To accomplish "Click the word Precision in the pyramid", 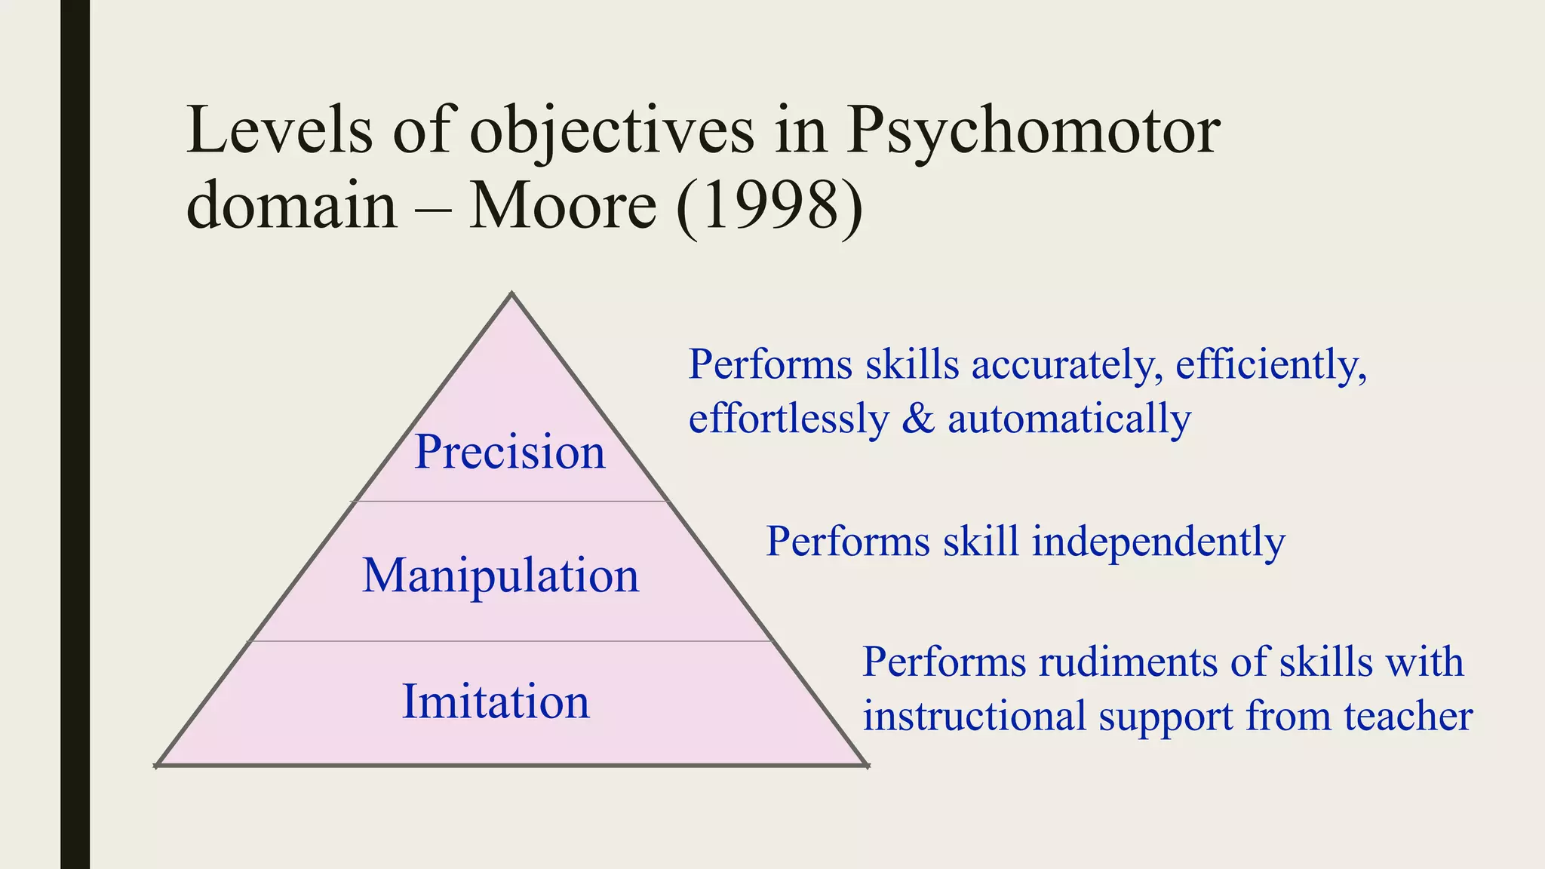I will tap(510, 452).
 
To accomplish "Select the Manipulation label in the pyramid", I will tap(500, 576).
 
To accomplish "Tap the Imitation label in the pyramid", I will tap(496, 702).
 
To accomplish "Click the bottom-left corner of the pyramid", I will tap(157, 765).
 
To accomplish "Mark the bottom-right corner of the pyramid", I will tap(867, 765).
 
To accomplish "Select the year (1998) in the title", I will tap(769, 205).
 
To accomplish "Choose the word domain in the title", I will tap(291, 205).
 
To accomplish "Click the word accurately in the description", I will tap(1066, 365).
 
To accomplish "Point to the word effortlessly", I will tap(789, 419).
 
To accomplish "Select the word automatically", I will tap(1069, 419).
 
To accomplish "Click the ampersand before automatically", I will tap(918, 419).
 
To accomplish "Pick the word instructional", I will tap(974, 716).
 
